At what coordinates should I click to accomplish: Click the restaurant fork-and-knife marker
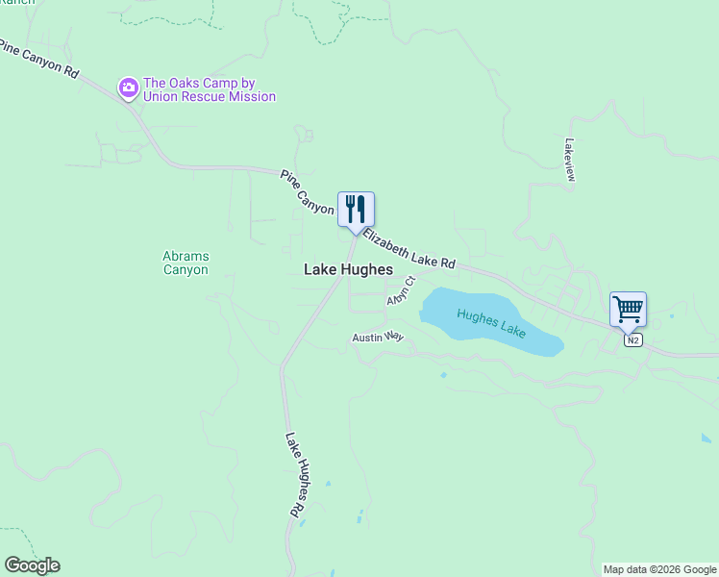click(x=356, y=209)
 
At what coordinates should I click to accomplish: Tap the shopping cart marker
click(x=628, y=310)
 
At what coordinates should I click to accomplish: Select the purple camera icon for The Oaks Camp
click(x=128, y=88)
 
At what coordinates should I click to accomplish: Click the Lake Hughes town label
click(x=348, y=270)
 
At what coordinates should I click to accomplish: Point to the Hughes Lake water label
click(x=491, y=322)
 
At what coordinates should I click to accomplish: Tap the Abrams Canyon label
click(x=186, y=263)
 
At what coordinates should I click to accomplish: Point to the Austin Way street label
click(x=378, y=338)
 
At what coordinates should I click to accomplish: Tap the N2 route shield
click(x=631, y=340)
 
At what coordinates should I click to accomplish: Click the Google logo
click(x=32, y=565)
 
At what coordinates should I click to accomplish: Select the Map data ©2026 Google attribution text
click(x=659, y=569)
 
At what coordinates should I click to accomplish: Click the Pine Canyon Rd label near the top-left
click(x=38, y=58)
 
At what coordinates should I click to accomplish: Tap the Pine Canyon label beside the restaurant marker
click(x=307, y=191)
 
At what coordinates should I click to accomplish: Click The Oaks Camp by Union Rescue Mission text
click(x=209, y=89)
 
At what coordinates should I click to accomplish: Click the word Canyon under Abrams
click(x=186, y=270)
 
